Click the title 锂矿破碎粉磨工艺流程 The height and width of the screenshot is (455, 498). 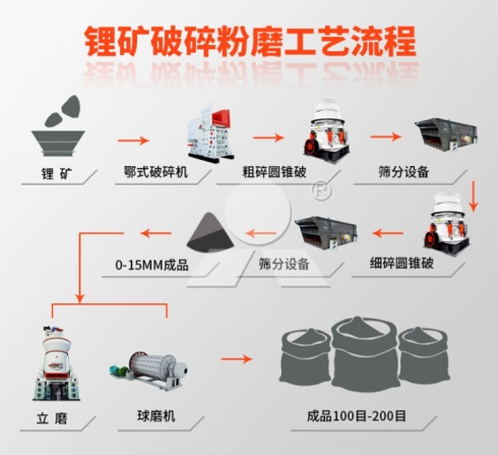click(x=250, y=42)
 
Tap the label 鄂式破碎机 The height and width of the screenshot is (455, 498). click(x=156, y=172)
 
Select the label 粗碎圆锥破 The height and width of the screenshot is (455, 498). click(x=275, y=172)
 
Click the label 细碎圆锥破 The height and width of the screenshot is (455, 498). click(x=402, y=263)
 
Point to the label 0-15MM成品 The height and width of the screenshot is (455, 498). click(x=152, y=265)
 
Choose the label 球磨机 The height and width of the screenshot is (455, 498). click(x=156, y=416)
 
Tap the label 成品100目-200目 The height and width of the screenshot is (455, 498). click(x=357, y=416)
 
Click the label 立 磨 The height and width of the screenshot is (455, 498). click(x=52, y=419)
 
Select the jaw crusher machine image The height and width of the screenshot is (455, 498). click(x=209, y=133)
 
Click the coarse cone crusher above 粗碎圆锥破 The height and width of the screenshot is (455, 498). click(x=326, y=129)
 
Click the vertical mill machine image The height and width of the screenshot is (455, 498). click(x=57, y=362)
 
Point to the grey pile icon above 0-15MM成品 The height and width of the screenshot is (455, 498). click(x=210, y=231)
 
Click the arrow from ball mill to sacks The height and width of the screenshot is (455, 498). click(x=237, y=359)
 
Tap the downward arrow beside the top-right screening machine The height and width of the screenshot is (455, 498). click(x=473, y=196)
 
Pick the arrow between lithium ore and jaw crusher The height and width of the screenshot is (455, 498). click(x=133, y=140)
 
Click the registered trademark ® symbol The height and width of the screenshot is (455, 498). click(x=321, y=190)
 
